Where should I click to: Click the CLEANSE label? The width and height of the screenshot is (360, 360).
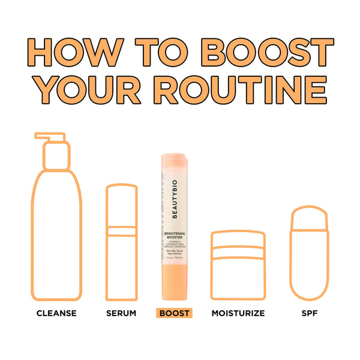56,313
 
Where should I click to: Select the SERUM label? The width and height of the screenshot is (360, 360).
121,313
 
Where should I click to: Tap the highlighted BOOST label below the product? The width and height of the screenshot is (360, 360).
173,313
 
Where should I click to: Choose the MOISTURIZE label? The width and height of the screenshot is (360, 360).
238,313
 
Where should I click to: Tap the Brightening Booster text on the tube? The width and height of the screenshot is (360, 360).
175,238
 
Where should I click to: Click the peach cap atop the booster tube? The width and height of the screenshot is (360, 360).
175,165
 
